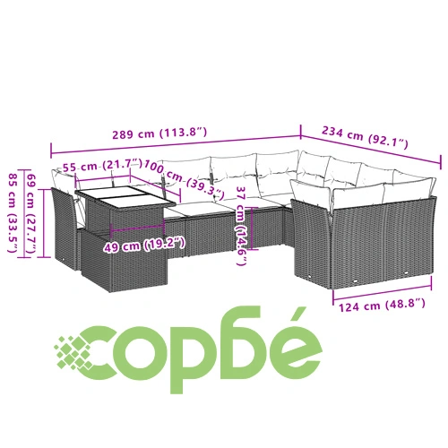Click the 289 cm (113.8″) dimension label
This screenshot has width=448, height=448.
(159, 133)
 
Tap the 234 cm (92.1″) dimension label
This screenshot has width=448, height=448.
(365, 137)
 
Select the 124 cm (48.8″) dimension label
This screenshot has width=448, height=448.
(382, 306)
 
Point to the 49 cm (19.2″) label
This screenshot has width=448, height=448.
(144, 245)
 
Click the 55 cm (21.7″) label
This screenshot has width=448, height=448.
(102, 165)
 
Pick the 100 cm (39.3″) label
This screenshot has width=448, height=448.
(184, 180)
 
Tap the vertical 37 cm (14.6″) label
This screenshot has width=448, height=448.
(241, 226)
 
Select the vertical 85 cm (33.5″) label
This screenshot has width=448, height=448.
(13, 213)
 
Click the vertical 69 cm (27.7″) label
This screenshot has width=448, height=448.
(32, 213)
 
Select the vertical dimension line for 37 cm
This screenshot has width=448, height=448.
(253, 228)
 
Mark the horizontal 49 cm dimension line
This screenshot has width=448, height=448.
(137, 228)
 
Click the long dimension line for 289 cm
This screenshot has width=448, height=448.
(176, 145)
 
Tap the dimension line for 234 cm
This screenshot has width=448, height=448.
(371, 149)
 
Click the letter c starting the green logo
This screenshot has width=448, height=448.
(99, 353)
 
